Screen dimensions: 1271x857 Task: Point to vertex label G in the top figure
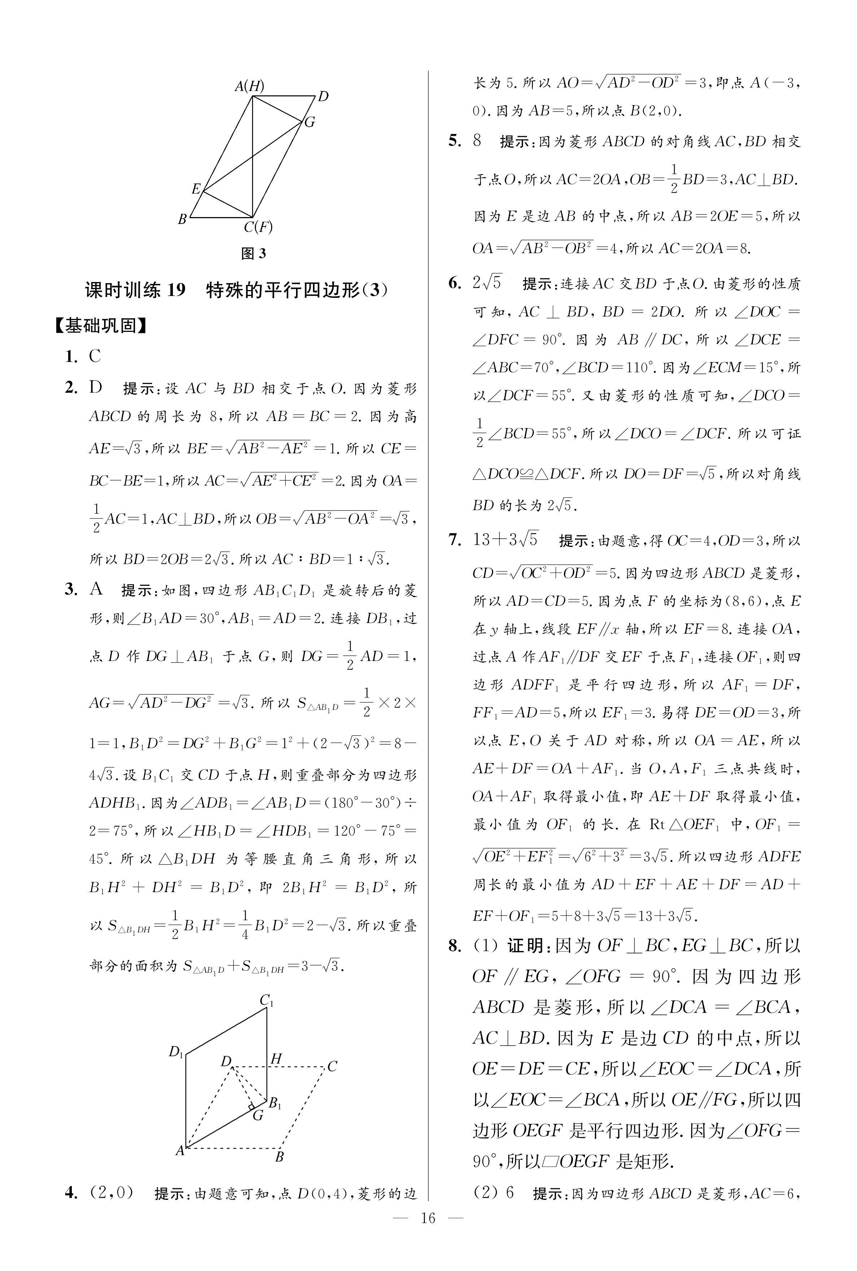(x=309, y=122)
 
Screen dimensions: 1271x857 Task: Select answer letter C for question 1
(x=95, y=356)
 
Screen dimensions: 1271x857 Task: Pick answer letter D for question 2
(x=96, y=388)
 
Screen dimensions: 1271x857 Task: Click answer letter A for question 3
(x=96, y=589)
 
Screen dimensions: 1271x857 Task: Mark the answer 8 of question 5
(x=477, y=141)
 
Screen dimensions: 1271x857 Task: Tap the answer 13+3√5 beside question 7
(x=505, y=540)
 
